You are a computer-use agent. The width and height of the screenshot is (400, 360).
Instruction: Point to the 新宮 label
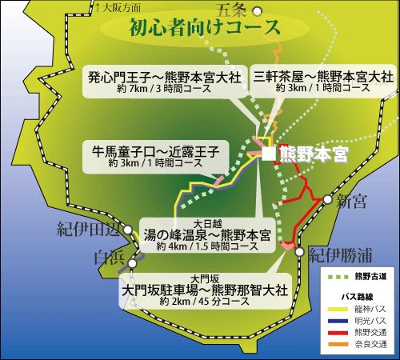coord(352,199)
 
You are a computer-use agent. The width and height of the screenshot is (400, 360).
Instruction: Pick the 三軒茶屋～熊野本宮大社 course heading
coord(323,78)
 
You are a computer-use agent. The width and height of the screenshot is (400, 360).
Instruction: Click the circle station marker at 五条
coord(257,10)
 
